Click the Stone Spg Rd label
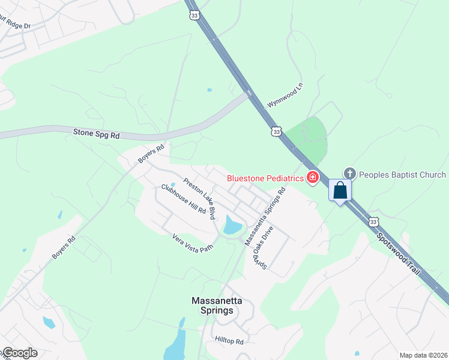[96, 134]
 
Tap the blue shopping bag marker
[340, 191]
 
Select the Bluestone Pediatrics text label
[265, 178]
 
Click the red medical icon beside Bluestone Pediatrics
[312, 177]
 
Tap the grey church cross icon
[350, 175]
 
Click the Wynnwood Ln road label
[286, 95]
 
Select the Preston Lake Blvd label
[199, 199]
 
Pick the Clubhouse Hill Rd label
[183, 199]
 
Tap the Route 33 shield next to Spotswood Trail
[374, 222]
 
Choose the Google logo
[19, 353]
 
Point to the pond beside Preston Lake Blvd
[232, 226]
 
